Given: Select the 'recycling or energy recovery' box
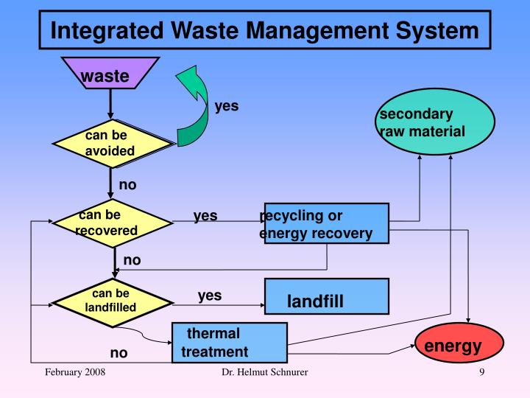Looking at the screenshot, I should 325,223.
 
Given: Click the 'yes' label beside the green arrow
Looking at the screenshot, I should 226,106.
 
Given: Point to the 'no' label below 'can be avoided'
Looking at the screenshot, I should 127,185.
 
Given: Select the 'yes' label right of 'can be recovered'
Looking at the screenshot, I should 205,216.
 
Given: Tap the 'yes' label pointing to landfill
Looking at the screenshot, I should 210,296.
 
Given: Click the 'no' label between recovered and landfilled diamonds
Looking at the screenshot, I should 132,259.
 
